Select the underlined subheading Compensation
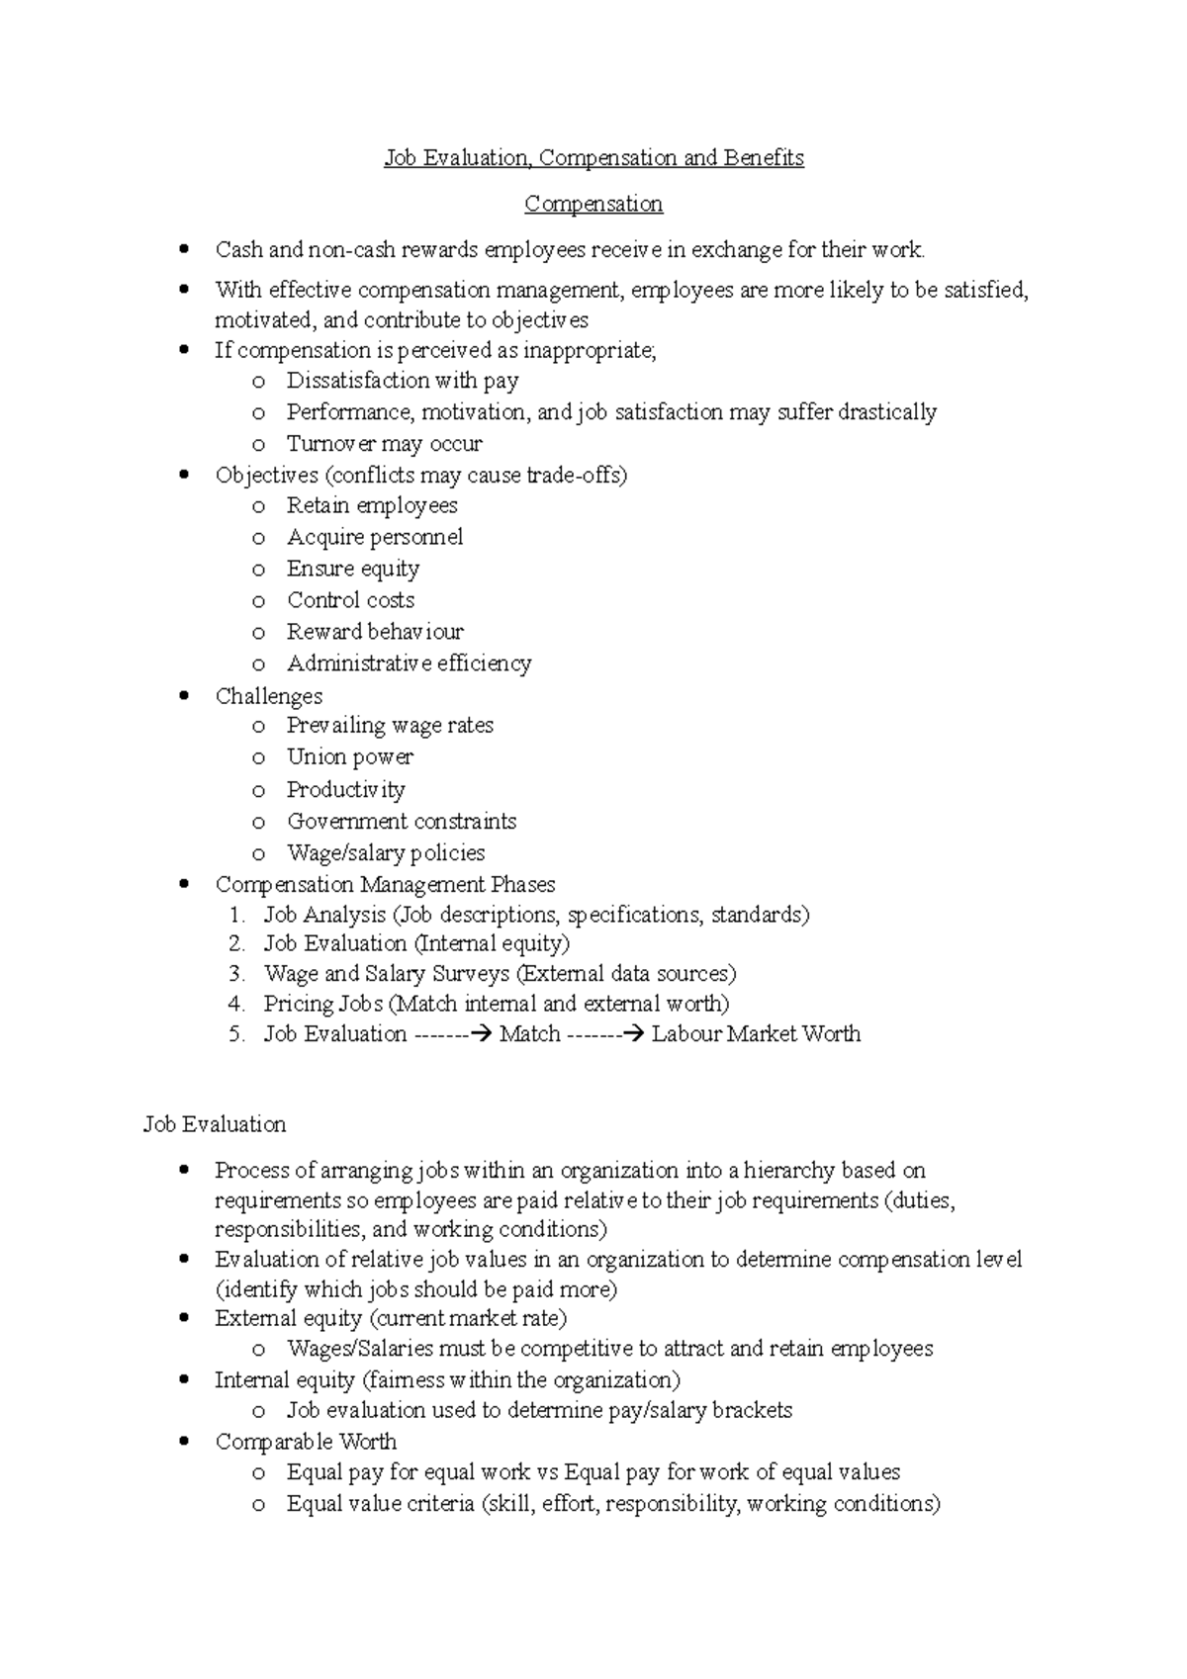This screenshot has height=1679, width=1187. coord(593,204)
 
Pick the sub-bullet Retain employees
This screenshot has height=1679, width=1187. coord(372,505)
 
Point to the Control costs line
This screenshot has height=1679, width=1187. coord(350,600)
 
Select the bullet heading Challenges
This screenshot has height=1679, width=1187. coord(269,696)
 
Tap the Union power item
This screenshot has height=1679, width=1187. coord(349,757)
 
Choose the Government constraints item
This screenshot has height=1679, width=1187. coord(402,821)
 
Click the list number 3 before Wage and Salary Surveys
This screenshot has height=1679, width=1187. coord(235,974)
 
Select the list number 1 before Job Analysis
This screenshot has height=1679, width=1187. coord(235,915)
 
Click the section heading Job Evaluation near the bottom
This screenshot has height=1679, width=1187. coord(215,1124)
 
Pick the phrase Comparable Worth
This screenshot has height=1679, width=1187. coord(306,1442)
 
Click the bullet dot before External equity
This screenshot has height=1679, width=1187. coord(184,1319)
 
